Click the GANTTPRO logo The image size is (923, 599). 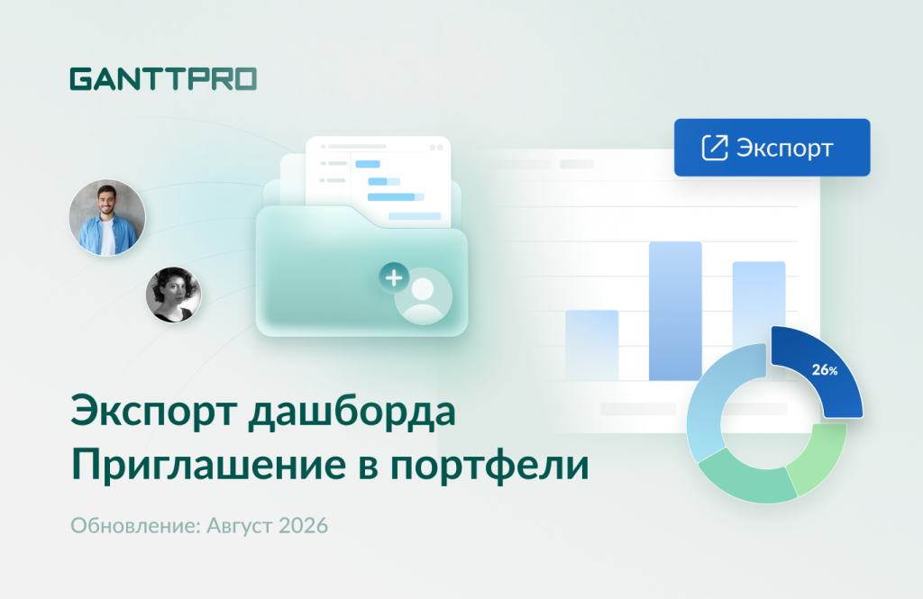tap(163, 79)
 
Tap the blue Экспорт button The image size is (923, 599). tap(772, 147)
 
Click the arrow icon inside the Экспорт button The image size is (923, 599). tap(715, 147)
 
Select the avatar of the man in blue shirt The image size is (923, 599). tap(106, 218)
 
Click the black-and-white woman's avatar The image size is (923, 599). tap(173, 295)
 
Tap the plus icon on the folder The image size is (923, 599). tap(394, 277)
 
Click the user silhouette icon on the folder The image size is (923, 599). tap(424, 296)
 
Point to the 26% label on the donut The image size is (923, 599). tap(824, 369)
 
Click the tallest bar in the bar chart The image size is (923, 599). tap(675, 311)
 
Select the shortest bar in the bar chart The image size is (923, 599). tap(591, 345)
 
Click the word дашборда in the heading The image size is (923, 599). tap(352, 412)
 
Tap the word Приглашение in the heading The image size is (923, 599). tap(208, 465)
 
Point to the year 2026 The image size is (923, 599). tap(303, 525)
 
